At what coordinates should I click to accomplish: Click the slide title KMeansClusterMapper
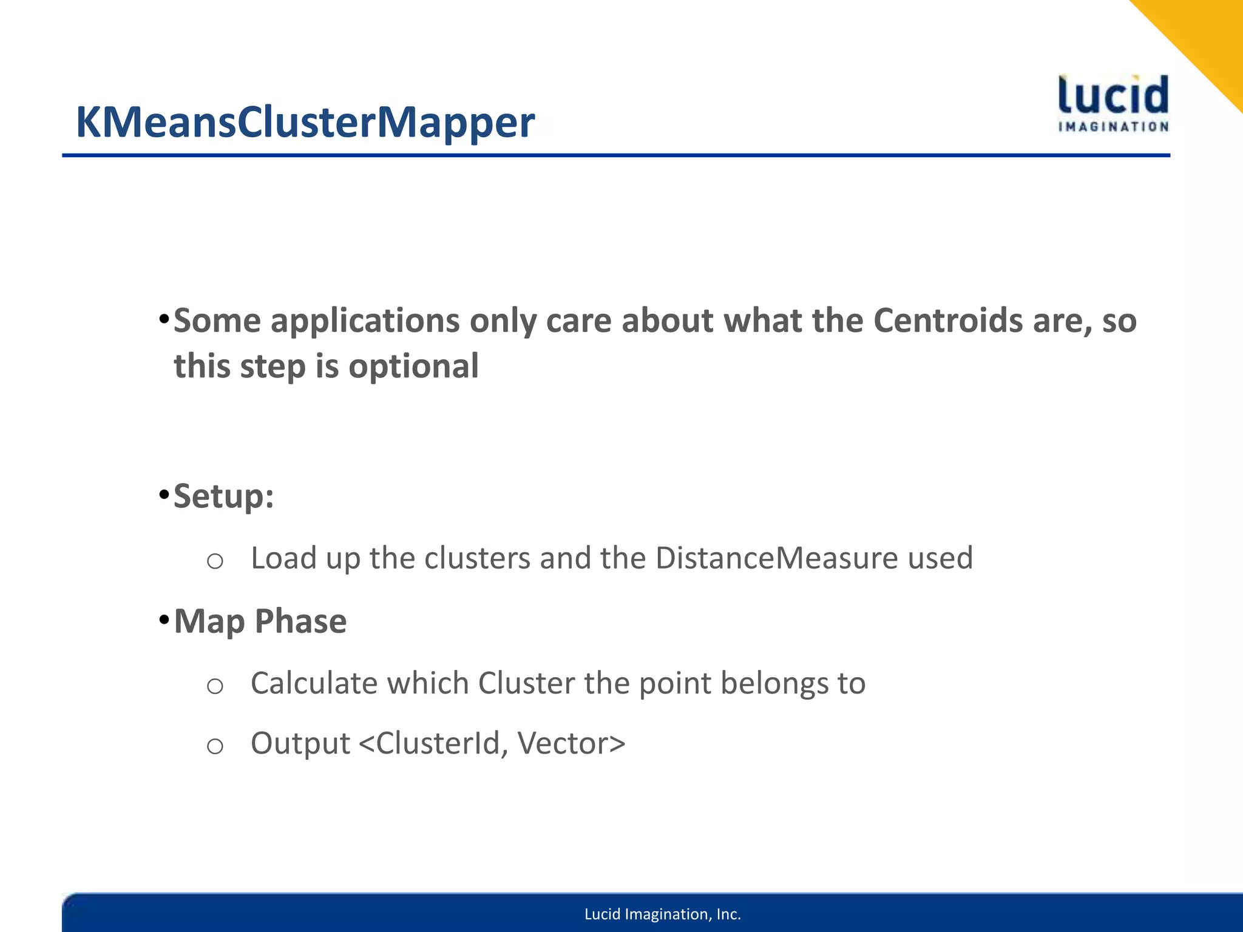(x=305, y=123)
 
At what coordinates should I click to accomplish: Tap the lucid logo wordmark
(x=1113, y=96)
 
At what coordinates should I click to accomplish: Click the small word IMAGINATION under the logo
(x=1113, y=127)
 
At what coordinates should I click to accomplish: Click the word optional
(x=413, y=366)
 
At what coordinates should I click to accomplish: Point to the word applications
(x=365, y=322)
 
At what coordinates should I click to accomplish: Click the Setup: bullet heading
(x=224, y=496)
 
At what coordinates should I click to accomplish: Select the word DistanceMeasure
(x=776, y=558)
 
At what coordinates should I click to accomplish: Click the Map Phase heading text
(x=260, y=621)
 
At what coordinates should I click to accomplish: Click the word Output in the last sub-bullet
(x=300, y=743)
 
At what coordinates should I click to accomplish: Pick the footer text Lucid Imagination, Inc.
(x=662, y=914)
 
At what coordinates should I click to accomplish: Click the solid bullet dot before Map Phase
(x=163, y=620)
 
